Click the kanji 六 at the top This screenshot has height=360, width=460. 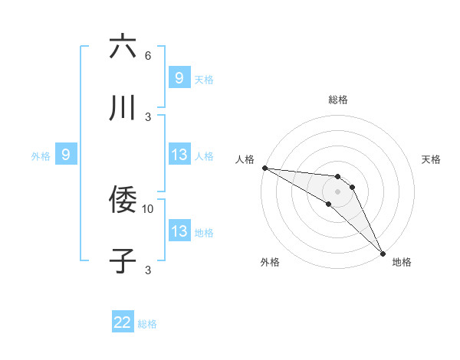coord(123,47)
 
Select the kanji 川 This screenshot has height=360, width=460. coord(123,108)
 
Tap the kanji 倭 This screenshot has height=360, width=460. coord(123,200)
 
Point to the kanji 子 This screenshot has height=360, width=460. coord(123,261)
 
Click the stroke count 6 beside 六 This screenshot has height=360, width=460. coord(148,56)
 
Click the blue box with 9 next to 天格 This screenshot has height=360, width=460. coord(179,78)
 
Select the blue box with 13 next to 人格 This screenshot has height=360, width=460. coord(179,155)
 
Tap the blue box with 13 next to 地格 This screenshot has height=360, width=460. coord(179,231)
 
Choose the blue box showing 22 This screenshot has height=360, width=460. coord(123,322)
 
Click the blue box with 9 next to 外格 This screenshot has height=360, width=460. coord(66,155)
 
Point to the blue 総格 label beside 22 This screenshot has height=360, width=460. coord(148,324)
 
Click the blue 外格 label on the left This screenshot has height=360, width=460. coord(41,155)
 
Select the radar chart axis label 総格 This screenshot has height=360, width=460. coord(338,100)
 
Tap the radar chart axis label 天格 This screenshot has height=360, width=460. coord(432,159)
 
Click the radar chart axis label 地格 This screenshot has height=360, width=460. coord(402,262)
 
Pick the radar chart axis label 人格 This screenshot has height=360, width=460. coord(245,159)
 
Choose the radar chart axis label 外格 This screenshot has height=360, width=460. coord(270,262)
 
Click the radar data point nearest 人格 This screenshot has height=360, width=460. coord(264,168)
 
